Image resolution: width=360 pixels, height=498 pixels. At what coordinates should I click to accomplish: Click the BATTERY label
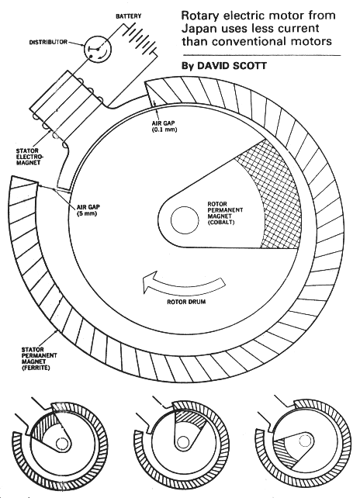coord(128,16)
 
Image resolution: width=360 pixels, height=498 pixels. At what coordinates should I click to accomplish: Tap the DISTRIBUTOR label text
coord(48,42)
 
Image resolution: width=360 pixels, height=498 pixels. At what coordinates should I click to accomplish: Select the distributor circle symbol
coord(98,49)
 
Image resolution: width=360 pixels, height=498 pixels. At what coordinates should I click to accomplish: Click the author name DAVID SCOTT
coord(232,66)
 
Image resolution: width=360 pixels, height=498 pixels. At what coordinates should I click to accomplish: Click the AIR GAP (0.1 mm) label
coord(164,126)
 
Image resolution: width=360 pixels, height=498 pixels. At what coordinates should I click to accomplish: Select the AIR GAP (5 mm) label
coord(88,210)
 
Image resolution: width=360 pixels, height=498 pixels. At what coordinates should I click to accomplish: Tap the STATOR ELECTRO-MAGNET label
coord(29,157)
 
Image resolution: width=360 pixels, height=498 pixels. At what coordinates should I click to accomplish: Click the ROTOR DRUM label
coord(186,302)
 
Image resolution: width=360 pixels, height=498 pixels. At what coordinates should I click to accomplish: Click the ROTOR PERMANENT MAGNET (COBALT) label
coord(225,213)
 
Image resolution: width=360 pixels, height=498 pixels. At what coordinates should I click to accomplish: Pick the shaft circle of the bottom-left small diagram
coord(62,443)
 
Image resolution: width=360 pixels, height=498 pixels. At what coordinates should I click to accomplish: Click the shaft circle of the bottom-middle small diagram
coord(182,442)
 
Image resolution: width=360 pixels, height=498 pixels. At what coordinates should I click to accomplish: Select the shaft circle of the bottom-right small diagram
coord(306,440)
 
